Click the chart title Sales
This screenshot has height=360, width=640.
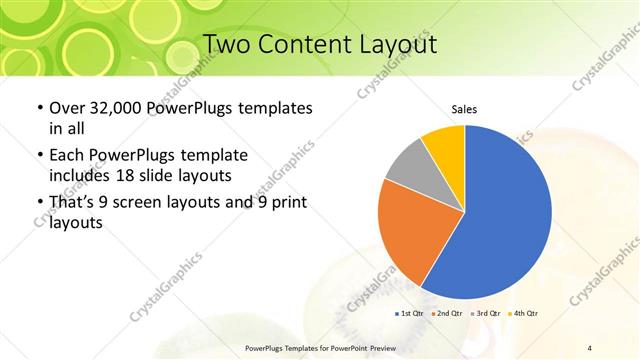click(464, 109)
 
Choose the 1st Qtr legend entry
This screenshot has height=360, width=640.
click(411, 314)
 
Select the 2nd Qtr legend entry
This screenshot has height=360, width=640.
click(447, 314)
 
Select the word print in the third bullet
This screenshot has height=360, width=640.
click(284, 203)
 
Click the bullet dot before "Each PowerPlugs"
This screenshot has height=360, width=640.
click(38, 157)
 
